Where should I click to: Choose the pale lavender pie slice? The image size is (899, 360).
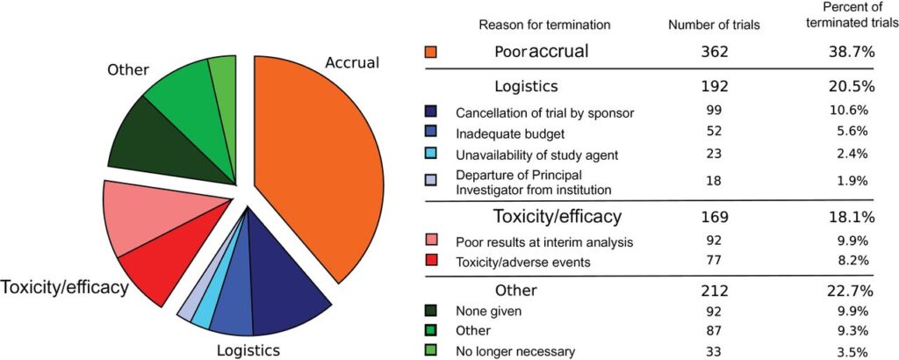[x=187, y=304]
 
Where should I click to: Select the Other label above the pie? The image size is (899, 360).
[x=127, y=69]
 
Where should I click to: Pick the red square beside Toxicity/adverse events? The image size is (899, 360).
[x=430, y=260]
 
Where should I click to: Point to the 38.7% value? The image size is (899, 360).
[x=845, y=52]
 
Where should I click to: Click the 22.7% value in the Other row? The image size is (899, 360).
[x=845, y=290]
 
